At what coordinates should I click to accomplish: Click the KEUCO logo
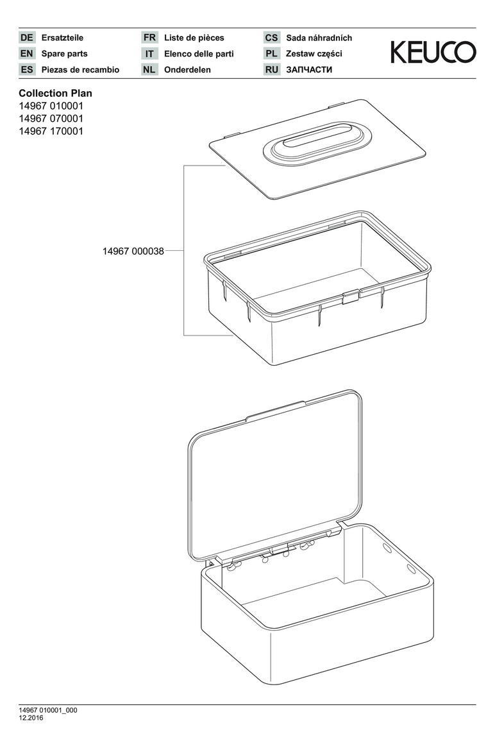click(x=433, y=53)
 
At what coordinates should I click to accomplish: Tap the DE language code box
click(x=27, y=38)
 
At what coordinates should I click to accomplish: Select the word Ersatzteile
click(x=62, y=38)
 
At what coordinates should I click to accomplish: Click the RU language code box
click(x=272, y=69)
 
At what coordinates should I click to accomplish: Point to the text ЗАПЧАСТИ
click(x=310, y=69)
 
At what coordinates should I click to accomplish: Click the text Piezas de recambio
click(x=80, y=69)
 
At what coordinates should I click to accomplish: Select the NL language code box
click(x=149, y=69)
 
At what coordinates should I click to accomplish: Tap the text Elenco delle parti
click(x=199, y=54)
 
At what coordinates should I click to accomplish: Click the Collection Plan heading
click(x=55, y=93)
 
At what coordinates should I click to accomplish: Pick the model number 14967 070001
click(x=51, y=119)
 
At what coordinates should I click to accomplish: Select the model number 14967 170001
click(x=51, y=132)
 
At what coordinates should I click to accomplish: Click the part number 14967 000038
click(x=133, y=251)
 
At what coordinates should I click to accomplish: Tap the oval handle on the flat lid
click(x=317, y=142)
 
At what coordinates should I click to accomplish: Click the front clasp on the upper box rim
click(x=350, y=297)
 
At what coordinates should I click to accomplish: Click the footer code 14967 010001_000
click(x=48, y=710)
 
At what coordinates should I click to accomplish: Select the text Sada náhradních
click(x=319, y=38)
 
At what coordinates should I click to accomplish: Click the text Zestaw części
click(x=314, y=54)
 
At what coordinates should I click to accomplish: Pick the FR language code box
click(x=149, y=38)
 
